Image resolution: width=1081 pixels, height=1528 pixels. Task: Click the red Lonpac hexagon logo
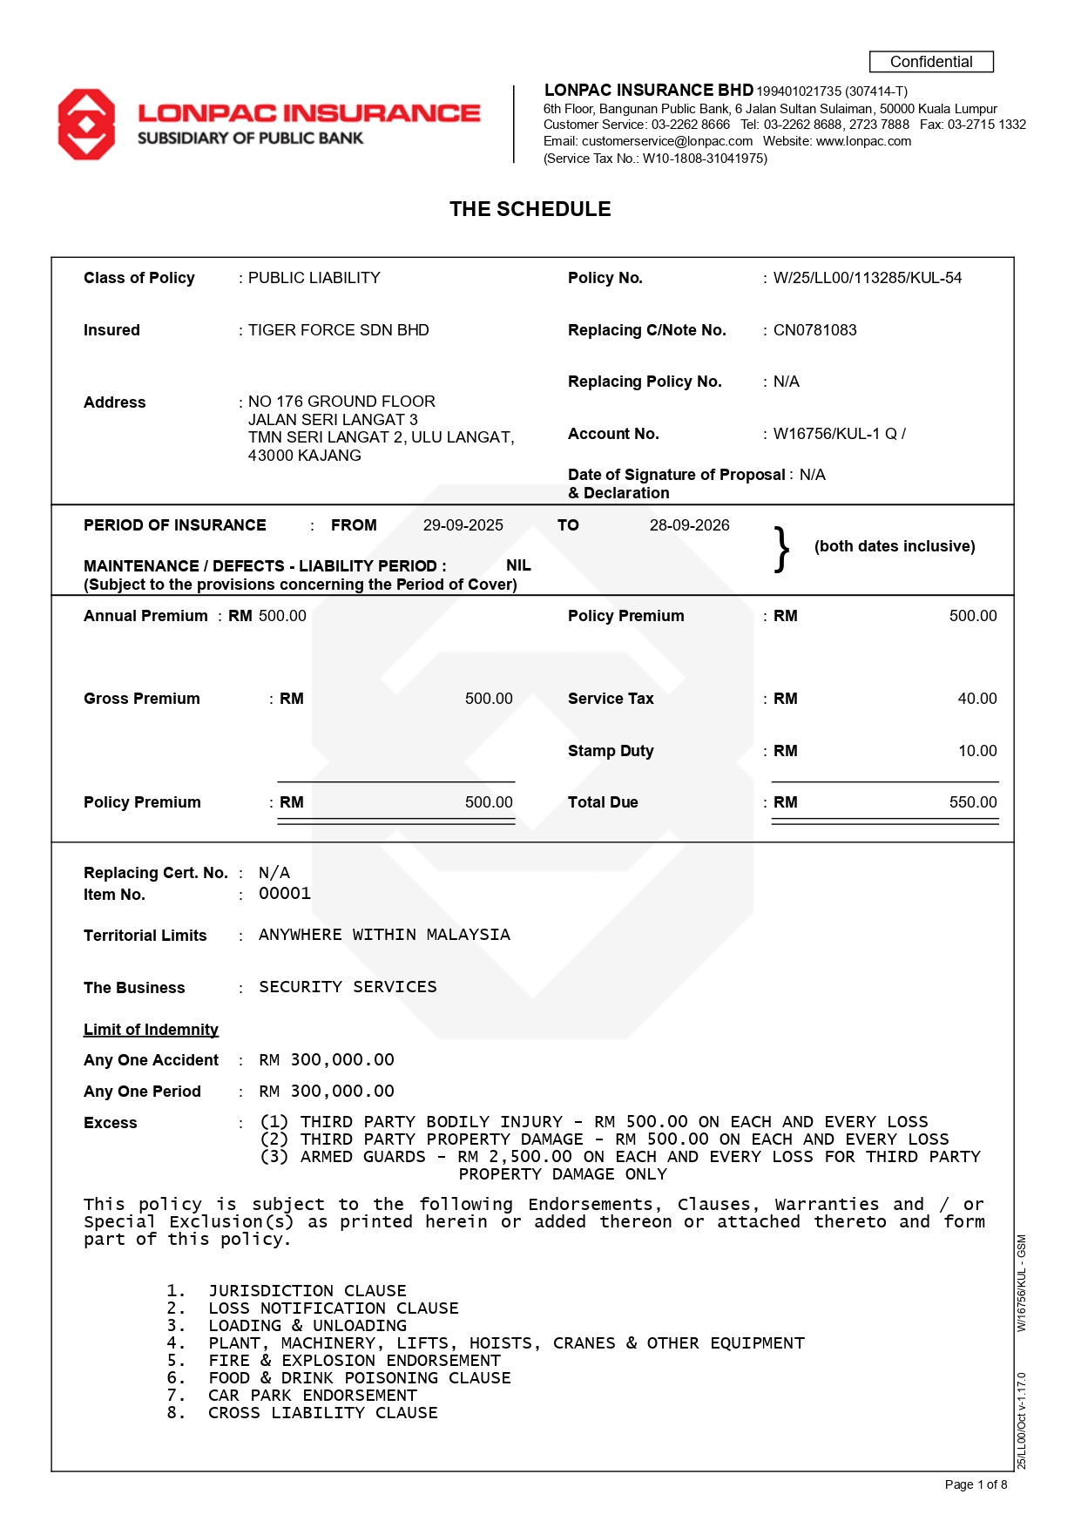[86, 125]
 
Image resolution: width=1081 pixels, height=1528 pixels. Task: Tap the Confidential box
[930, 62]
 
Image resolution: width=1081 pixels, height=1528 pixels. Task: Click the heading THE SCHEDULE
[530, 209]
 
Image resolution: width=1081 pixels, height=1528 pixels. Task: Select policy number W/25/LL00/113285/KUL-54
[867, 278]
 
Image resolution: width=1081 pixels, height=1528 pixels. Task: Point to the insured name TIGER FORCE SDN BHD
[338, 330]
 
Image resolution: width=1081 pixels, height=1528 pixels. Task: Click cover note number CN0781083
[814, 330]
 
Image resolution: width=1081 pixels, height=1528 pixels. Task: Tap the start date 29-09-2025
[463, 525]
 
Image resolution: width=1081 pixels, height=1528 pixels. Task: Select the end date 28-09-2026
[689, 525]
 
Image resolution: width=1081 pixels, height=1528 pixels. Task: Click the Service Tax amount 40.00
[976, 699]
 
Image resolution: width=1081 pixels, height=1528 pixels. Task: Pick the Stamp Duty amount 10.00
[976, 751]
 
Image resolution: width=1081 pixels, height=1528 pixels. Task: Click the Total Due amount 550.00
[972, 802]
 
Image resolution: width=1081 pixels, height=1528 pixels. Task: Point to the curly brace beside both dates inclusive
[781, 549]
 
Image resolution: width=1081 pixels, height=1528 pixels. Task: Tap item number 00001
[284, 894]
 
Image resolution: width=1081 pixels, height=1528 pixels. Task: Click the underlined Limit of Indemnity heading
[151, 1030]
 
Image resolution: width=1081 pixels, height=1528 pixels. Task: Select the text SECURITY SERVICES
[348, 987]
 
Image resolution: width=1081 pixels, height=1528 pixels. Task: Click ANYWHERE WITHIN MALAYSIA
[384, 935]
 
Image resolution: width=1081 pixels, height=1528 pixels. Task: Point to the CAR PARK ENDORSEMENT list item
[312, 1396]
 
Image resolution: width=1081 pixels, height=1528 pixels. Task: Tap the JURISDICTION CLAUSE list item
[307, 1291]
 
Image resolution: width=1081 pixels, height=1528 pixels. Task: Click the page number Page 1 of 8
[976, 1484]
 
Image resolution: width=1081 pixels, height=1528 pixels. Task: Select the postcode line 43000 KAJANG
[304, 456]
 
